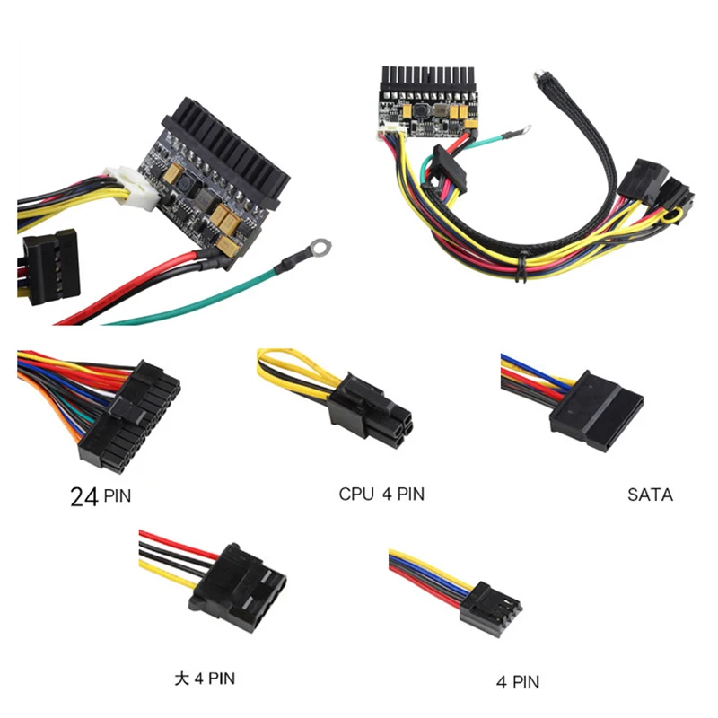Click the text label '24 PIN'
pos(101,496)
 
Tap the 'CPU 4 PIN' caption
pos(381,495)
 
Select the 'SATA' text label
pos(650,495)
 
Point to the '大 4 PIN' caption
pos(205,679)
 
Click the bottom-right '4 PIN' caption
pos(518,682)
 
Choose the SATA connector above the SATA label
pos(596,411)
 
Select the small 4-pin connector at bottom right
pos(490,609)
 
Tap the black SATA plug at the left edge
pos(50,267)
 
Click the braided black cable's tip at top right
pos(538,75)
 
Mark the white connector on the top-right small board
pos(390,133)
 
